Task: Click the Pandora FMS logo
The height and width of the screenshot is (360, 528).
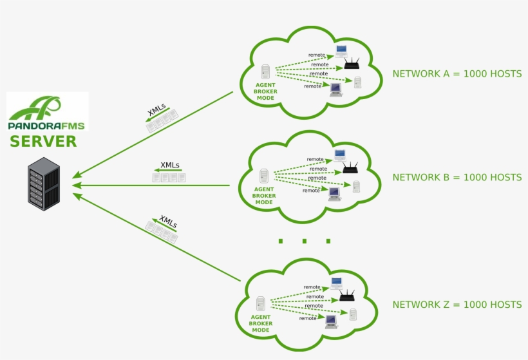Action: click(x=47, y=111)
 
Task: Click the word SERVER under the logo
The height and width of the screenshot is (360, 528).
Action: click(x=43, y=142)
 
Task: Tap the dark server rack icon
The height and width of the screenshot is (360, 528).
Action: click(x=44, y=184)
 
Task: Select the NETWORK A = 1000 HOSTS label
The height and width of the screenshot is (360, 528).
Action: click(x=457, y=74)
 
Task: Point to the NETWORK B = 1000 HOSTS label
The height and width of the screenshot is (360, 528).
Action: click(x=457, y=178)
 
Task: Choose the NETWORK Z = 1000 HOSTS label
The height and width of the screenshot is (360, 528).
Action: click(x=457, y=305)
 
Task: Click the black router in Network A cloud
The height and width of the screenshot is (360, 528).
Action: click(x=352, y=64)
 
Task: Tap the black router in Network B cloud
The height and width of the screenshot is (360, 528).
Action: click(x=350, y=167)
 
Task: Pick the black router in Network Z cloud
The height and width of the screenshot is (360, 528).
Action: click(x=347, y=296)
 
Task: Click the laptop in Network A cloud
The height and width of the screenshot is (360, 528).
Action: click(x=341, y=51)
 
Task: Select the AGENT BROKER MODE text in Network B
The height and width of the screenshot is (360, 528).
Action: click(x=264, y=196)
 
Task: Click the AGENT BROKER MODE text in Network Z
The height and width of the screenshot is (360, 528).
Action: click(x=261, y=324)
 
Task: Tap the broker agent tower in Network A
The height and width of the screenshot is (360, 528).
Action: click(x=265, y=71)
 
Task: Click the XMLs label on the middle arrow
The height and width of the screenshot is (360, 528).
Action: click(x=170, y=165)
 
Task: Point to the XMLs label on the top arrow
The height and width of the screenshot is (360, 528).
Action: click(x=157, y=109)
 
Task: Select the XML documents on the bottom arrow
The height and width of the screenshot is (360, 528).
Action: click(x=162, y=232)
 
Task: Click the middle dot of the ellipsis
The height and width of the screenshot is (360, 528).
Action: click(x=305, y=241)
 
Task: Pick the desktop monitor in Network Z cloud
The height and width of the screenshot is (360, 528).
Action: click(x=332, y=321)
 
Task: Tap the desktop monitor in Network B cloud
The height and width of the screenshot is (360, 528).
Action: click(x=334, y=194)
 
